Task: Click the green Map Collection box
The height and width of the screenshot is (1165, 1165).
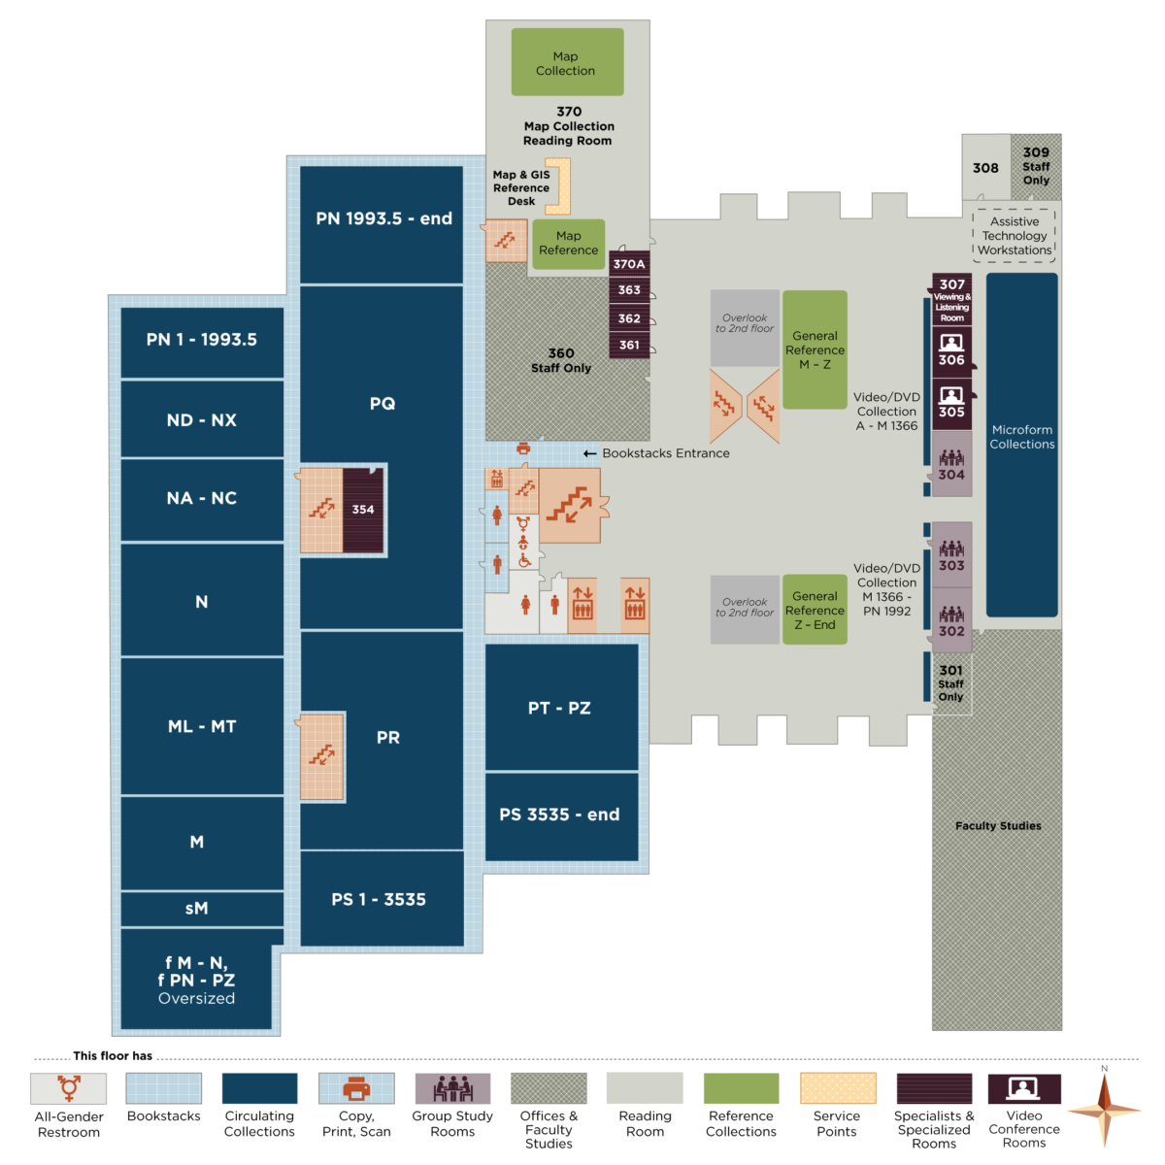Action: click(567, 62)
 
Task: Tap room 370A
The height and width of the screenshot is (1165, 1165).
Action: click(629, 264)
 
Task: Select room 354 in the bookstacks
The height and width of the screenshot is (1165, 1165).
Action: click(363, 510)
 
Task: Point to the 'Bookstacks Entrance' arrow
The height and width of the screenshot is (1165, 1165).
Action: click(590, 453)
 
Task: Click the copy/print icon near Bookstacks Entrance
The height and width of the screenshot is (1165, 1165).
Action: click(523, 449)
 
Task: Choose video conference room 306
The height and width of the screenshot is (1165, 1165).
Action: click(951, 350)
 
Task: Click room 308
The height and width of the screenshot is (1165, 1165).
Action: click(985, 168)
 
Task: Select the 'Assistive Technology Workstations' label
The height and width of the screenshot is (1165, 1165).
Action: click(1015, 236)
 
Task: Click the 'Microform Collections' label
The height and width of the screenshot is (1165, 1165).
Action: click(1021, 437)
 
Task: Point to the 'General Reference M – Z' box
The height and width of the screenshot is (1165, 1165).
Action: click(815, 349)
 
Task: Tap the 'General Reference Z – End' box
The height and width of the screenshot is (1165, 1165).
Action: click(815, 610)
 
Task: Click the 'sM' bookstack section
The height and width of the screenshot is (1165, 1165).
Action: click(197, 909)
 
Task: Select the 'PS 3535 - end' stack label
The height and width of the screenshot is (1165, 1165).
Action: click(559, 815)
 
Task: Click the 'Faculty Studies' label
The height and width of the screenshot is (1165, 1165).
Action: click(998, 826)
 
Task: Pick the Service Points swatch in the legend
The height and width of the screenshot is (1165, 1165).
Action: click(838, 1088)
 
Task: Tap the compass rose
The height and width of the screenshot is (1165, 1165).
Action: click(1105, 1108)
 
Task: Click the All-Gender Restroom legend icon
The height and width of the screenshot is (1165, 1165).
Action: click(69, 1088)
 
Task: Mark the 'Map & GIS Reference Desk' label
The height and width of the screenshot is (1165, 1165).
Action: click(521, 188)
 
